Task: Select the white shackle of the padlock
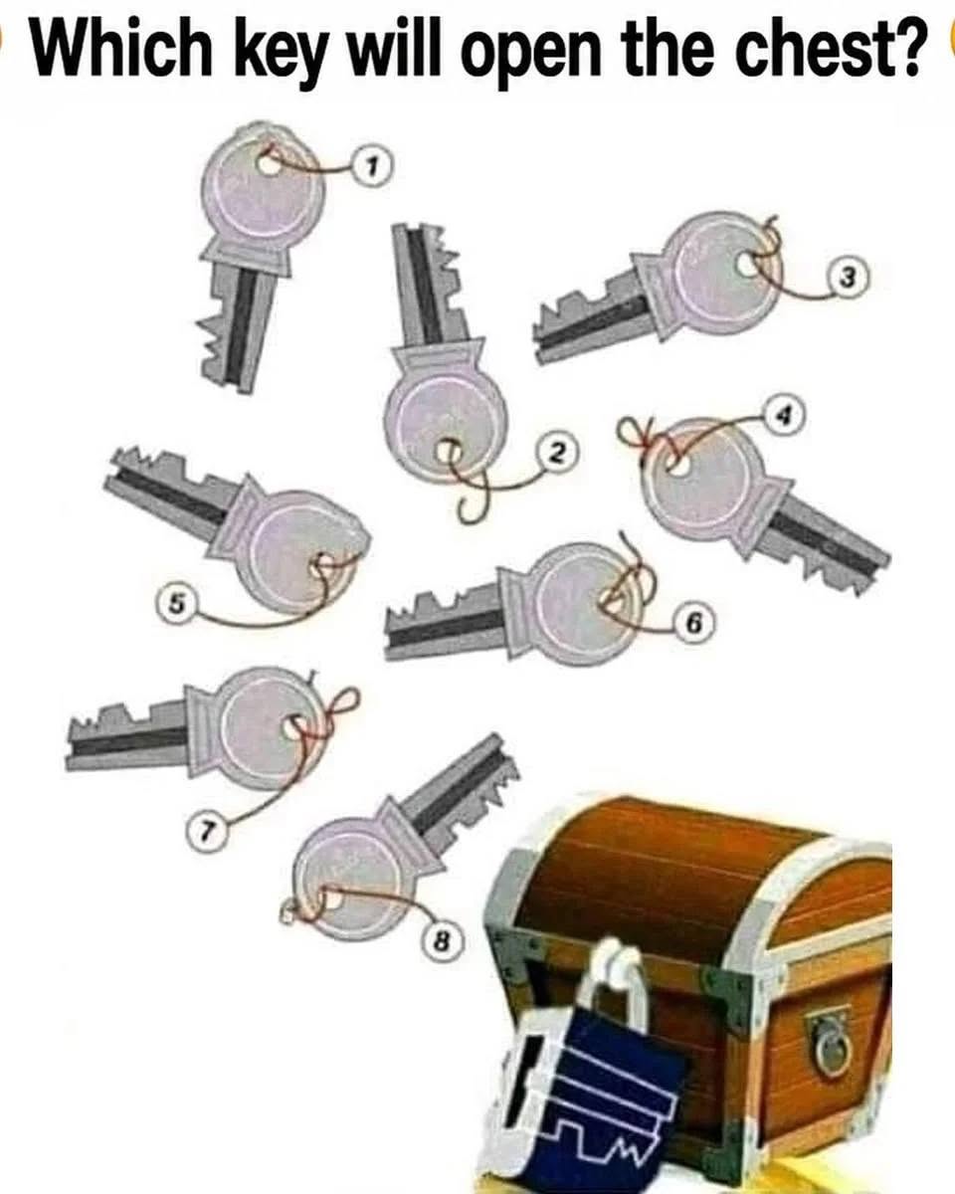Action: pyautogui.click(x=619, y=985)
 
